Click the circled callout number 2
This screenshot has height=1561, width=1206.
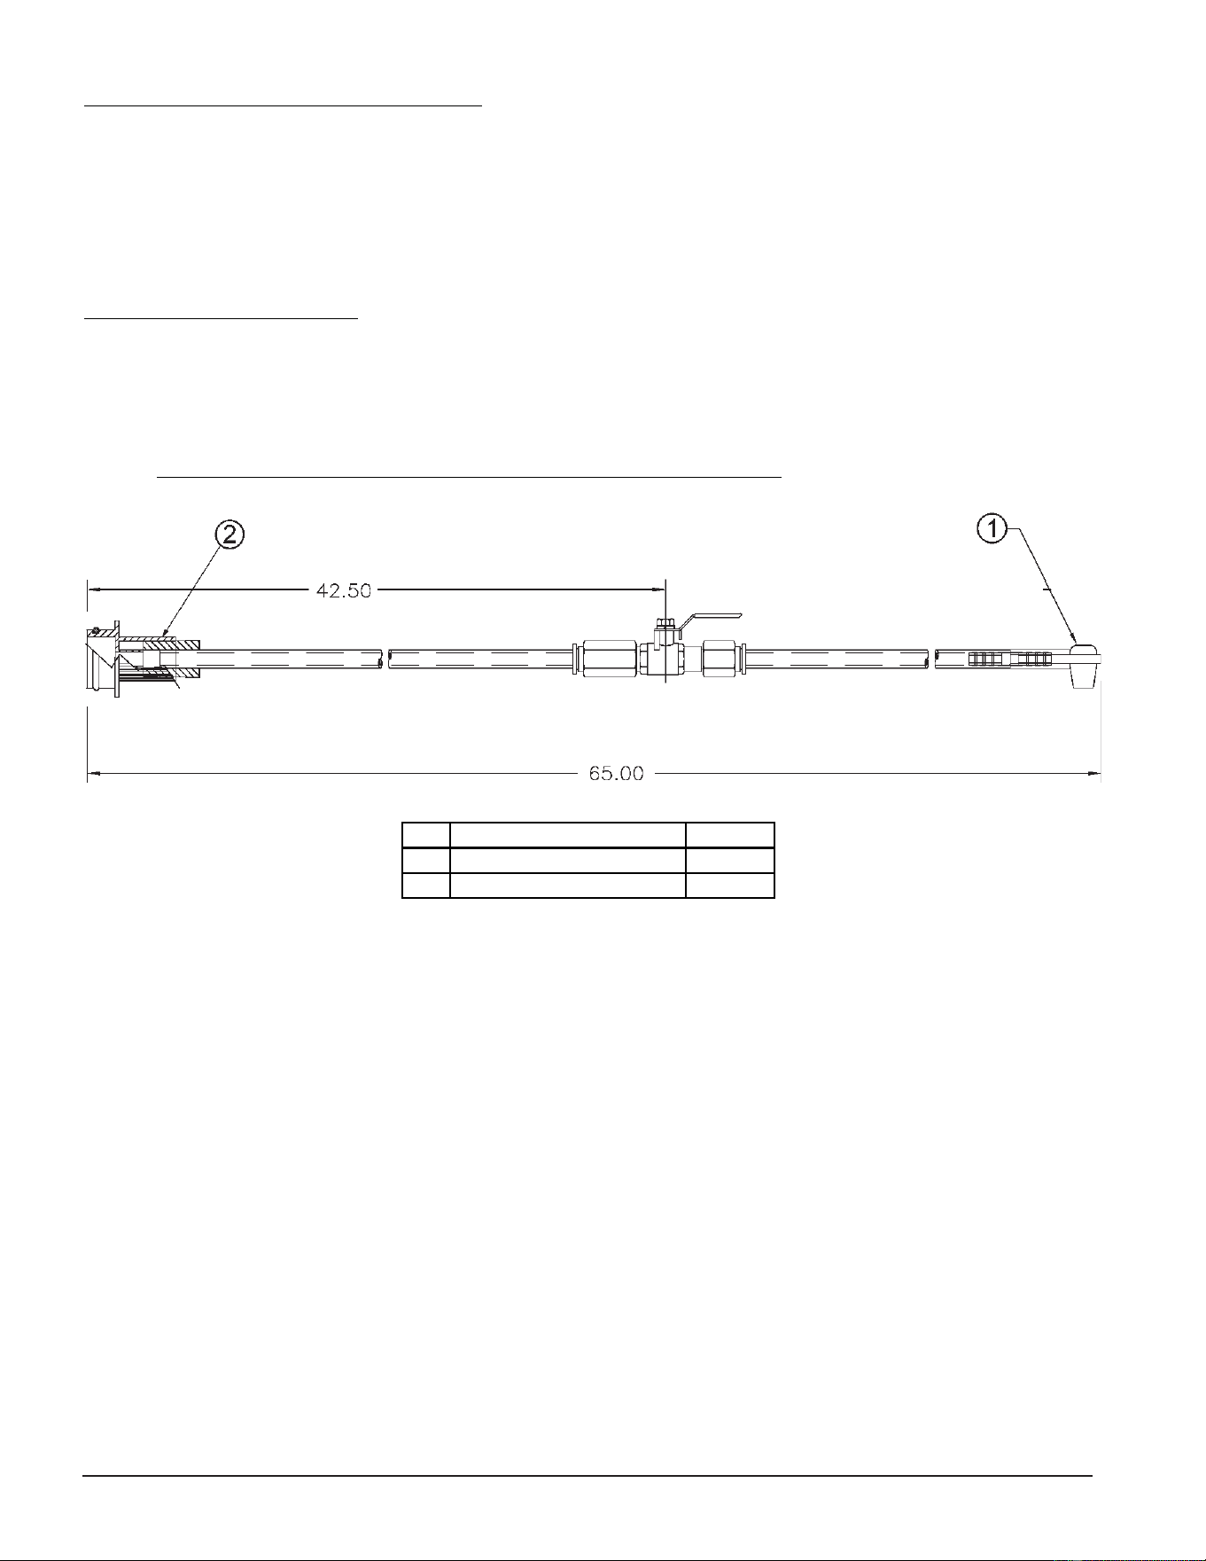[x=229, y=535]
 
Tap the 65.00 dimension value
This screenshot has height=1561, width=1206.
[x=617, y=773]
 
